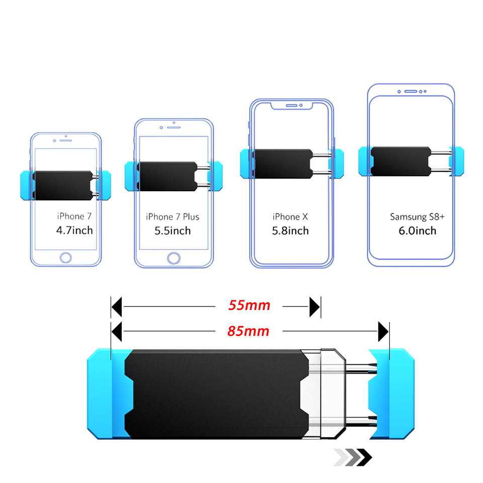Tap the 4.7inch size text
click(x=74, y=230)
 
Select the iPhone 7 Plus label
click(x=173, y=217)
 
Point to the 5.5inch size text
click(x=173, y=230)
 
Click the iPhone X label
click(x=290, y=217)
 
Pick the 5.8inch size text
click(x=290, y=230)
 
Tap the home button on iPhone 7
click(x=66, y=258)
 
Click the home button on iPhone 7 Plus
click(x=174, y=258)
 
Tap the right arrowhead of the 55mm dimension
click(x=315, y=306)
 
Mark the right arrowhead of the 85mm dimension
click(x=383, y=332)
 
